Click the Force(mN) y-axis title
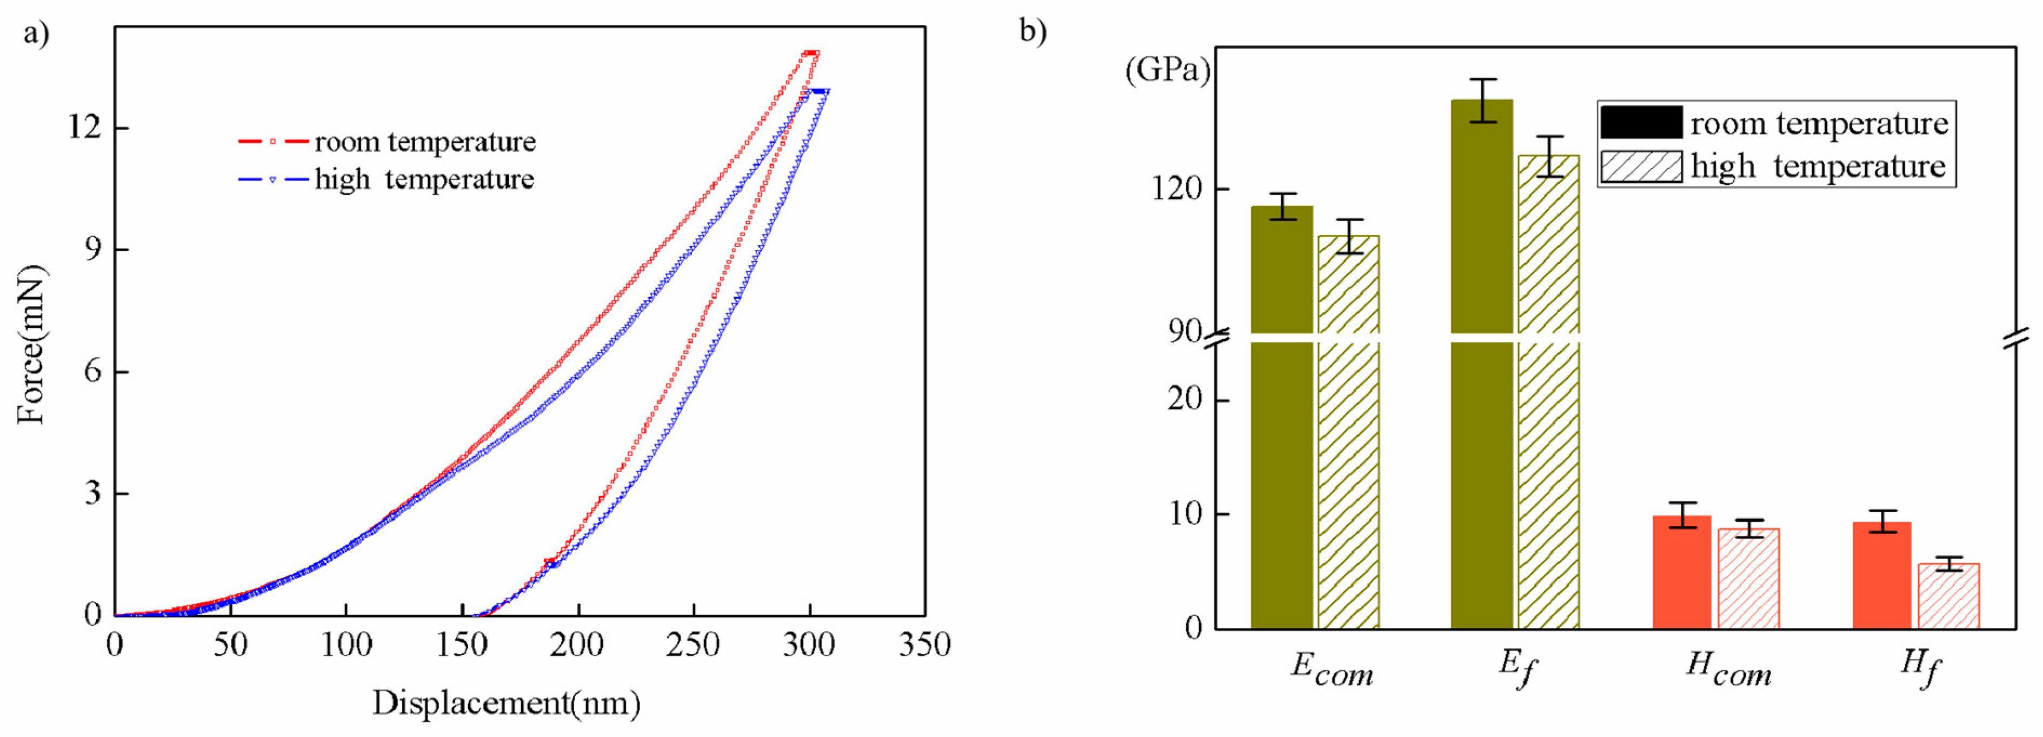[x=32, y=344]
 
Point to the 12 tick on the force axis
[x=85, y=127]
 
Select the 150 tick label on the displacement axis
[x=462, y=645]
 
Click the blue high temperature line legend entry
[x=386, y=179]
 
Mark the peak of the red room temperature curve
[x=810, y=53]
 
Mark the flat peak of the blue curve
[x=820, y=91]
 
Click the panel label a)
[x=36, y=33]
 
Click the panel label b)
[x=1033, y=32]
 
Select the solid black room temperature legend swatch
[x=1640, y=123]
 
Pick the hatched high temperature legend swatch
[x=1640, y=166]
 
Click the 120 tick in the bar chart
[x=1177, y=190]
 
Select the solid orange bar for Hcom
[x=1681, y=572]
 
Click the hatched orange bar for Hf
[x=1948, y=596]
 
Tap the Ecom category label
[x=1332, y=669]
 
